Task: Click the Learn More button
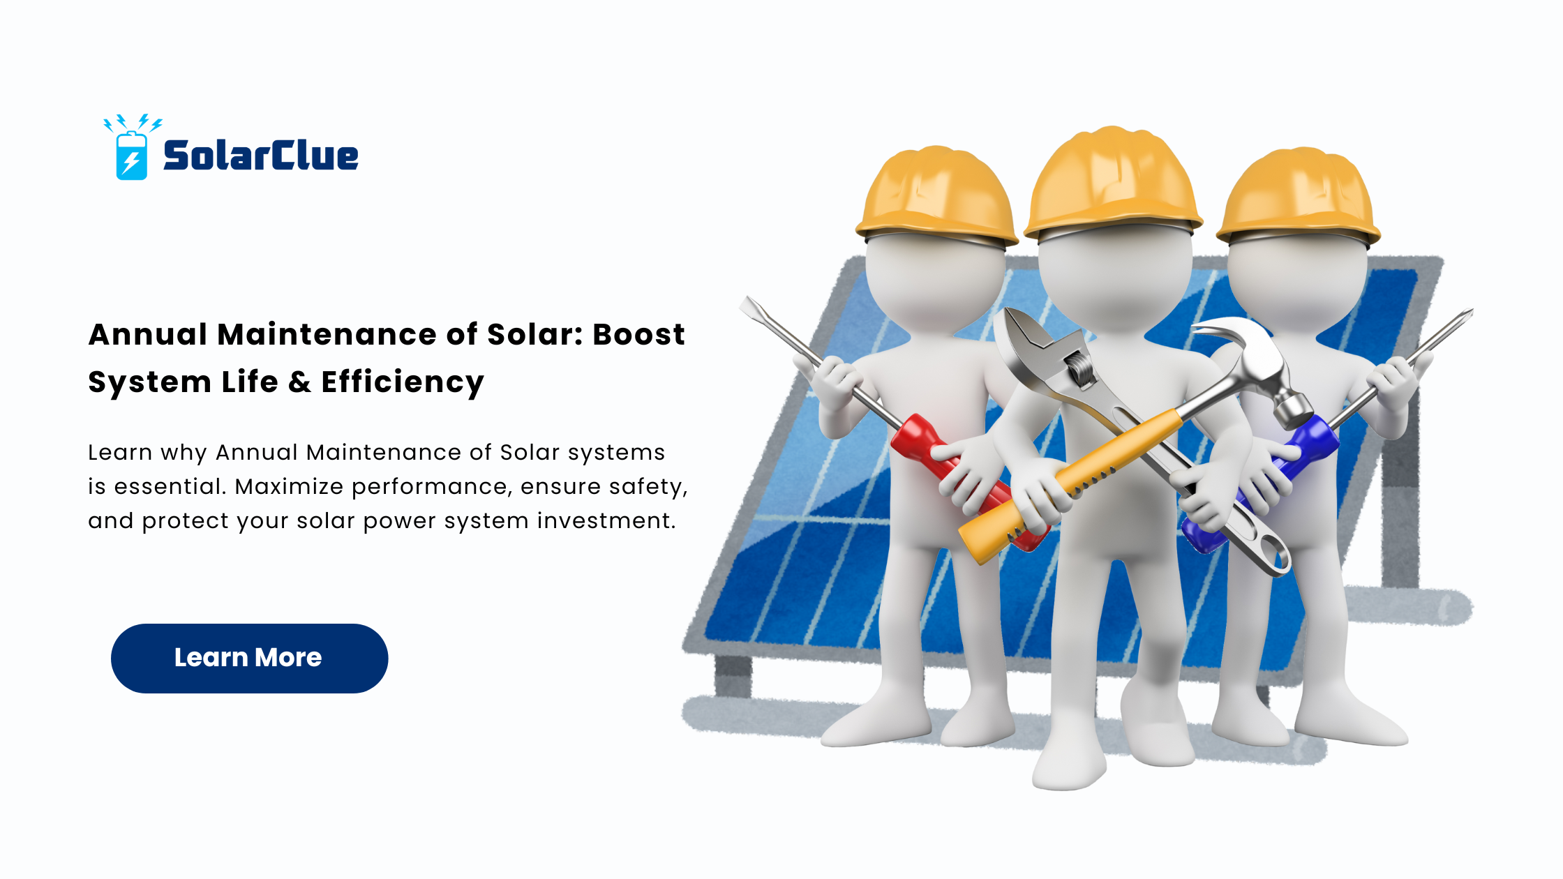[x=249, y=658]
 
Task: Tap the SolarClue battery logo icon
[x=132, y=148]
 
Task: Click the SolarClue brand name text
[x=260, y=155]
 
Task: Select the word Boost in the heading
[x=638, y=334]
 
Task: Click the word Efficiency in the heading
[x=403, y=382]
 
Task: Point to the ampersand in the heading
[x=299, y=382]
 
